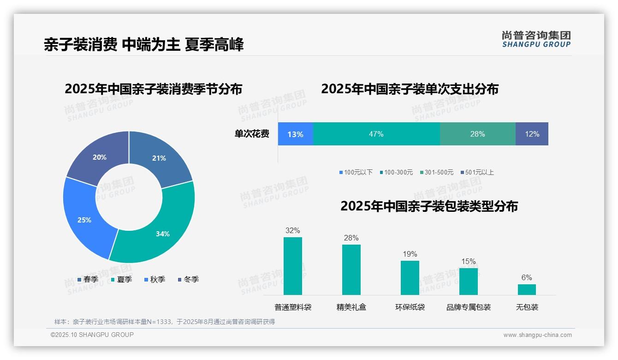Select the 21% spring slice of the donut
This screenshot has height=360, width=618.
pyautogui.click(x=161, y=157)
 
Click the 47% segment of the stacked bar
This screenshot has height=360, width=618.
pyautogui.click(x=376, y=134)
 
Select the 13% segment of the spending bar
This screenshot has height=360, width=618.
pyautogui.click(x=295, y=134)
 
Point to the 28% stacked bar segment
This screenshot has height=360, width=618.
pyautogui.click(x=477, y=134)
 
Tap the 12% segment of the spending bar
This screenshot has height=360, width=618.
pyautogui.click(x=532, y=134)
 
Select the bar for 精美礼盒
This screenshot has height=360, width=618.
pyautogui.click(x=351, y=270)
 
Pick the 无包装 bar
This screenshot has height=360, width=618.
pyautogui.click(x=527, y=289)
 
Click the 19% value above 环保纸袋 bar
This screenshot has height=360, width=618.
pyautogui.click(x=410, y=254)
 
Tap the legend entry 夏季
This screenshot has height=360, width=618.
pyautogui.click(x=122, y=279)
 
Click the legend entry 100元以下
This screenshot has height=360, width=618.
pyautogui.click(x=356, y=173)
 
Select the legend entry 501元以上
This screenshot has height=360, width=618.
pyautogui.click(x=477, y=173)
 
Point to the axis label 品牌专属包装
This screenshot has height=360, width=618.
pyautogui.click(x=468, y=307)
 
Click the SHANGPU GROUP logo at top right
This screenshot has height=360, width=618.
pyautogui.click(x=536, y=39)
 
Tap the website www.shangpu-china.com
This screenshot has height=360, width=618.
pyautogui.click(x=537, y=335)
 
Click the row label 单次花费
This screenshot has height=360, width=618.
pyautogui.click(x=252, y=134)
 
